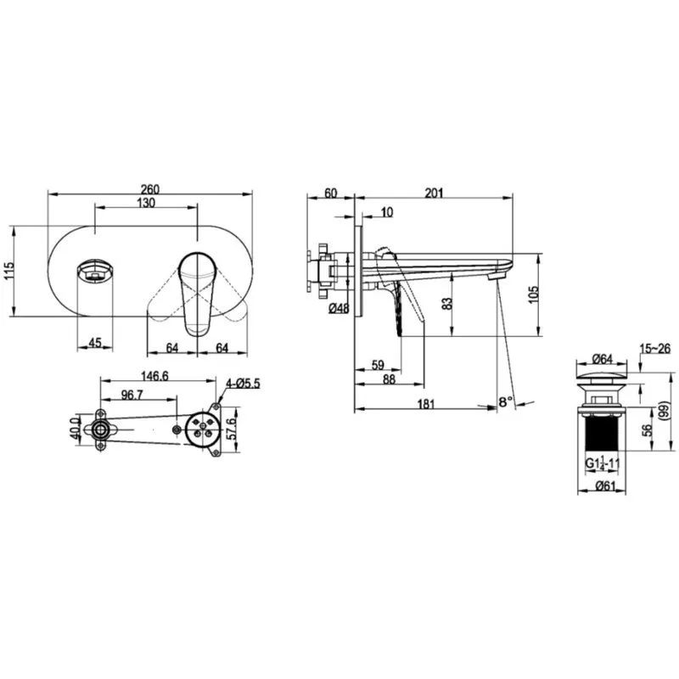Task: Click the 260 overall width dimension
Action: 150,189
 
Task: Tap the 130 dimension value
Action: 146,203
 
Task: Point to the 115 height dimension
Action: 9,271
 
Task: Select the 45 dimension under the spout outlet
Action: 95,343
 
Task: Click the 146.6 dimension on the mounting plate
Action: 155,376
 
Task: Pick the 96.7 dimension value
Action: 132,395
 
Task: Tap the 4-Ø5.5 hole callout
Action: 243,384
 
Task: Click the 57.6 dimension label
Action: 233,429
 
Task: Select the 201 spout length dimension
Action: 434,193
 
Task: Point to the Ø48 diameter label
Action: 339,308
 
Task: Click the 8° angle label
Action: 505,401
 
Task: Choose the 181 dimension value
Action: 426,404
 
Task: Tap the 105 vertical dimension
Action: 534,295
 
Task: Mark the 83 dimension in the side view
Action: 448,303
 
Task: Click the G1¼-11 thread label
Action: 603,463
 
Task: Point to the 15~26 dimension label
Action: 655,348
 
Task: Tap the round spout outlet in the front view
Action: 95,271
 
